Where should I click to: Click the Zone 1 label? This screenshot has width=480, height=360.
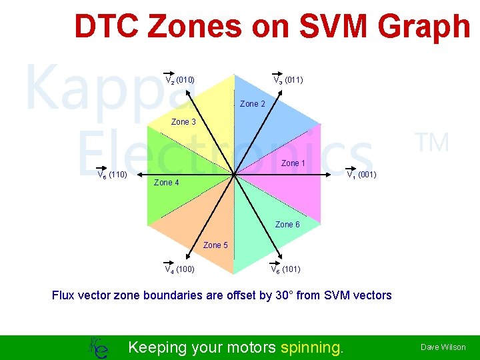(293, 163)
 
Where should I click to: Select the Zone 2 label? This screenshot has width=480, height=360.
(253, 104)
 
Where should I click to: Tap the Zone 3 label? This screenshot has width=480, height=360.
(183, 122)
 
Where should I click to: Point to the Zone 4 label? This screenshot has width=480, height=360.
(166, 183)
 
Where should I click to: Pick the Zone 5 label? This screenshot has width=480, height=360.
(215, 245)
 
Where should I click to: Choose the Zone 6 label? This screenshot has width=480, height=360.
(287, 225)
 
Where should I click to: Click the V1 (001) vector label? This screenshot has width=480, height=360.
(361, 175)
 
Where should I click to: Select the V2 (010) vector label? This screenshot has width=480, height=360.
(179, 80)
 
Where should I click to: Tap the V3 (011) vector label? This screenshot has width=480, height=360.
(288, 80)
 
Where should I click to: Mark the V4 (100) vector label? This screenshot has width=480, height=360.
(179, 269)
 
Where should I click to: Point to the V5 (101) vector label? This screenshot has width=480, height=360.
(285, 269)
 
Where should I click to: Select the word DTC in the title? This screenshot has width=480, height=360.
(109, 27)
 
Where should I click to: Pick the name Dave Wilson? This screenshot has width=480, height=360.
(443, 347)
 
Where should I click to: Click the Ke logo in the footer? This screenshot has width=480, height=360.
(98, 347)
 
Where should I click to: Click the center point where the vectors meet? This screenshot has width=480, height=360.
(235, 175)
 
